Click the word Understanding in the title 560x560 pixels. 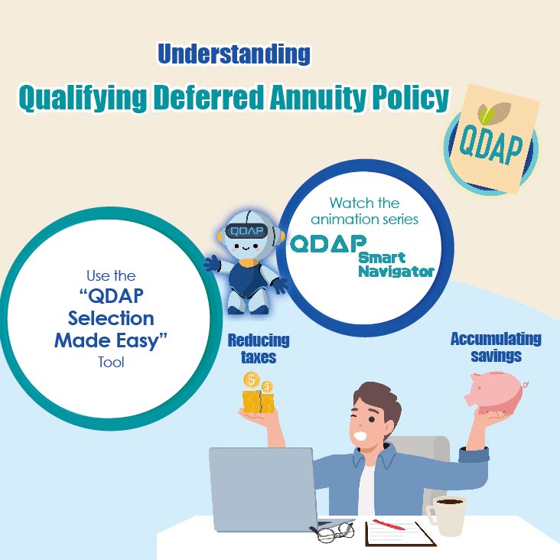pos(234,54)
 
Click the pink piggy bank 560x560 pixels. pos(497,392)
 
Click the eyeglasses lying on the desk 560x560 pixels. pos(332,532)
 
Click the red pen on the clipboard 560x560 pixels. pos(389,525)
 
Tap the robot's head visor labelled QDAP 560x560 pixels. pos(246,232)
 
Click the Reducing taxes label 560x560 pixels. pos(259,349)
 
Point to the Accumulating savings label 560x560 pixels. pos(496,347)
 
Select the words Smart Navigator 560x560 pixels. pos(396,265)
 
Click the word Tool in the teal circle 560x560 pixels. pos(111,362)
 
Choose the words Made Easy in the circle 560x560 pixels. pos(111,340)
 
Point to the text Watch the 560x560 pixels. pos(364,203)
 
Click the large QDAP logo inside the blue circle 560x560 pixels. pos(328,243)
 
